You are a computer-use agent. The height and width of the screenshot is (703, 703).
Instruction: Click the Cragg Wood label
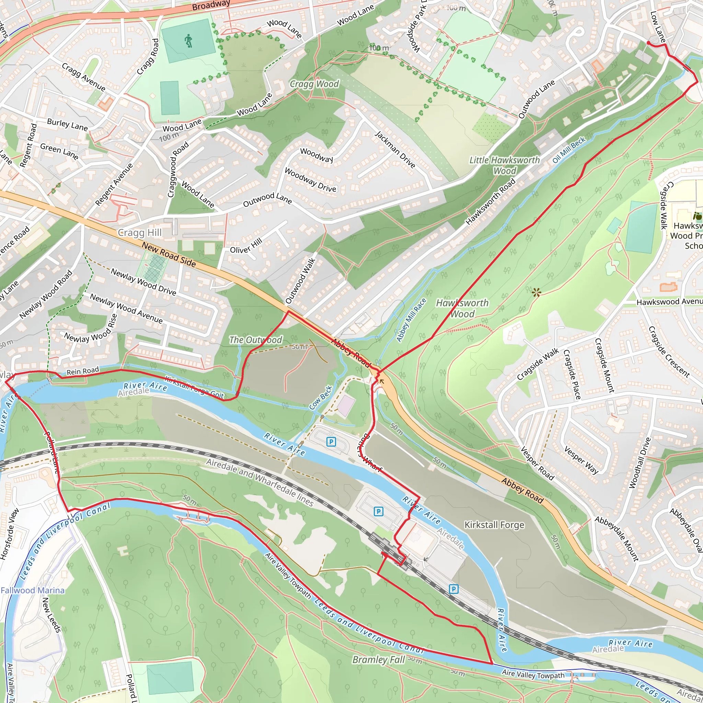click(x=314, y=84)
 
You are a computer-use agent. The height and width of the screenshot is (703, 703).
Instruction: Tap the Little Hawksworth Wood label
click(x=504, y=165)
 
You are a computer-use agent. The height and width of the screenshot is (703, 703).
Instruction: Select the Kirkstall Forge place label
click(x=494, y=525)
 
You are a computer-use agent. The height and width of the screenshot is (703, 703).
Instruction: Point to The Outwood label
click(x=255, y=340)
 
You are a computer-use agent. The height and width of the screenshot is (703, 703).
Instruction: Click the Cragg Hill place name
click(x=140, y=232)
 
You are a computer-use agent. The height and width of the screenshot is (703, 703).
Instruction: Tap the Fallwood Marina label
click(x=32, y=590)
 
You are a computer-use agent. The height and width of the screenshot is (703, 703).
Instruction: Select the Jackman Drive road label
click(x=395, y=150)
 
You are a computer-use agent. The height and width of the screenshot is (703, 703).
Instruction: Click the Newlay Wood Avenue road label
click(x=126, y=309)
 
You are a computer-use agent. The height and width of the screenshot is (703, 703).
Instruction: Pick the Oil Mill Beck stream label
click(x=569, y=150)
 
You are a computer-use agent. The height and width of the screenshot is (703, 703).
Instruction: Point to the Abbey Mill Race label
click(x=411, y=320)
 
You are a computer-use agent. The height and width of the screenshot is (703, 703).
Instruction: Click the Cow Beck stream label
click(x=321, y=398)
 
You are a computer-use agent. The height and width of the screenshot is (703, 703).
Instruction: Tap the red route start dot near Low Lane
click(x=648, y=43)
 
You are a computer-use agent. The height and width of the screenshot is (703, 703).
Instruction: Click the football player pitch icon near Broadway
click(x=188, y=41)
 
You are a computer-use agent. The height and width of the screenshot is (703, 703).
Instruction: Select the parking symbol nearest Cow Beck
click(x=331, y=442)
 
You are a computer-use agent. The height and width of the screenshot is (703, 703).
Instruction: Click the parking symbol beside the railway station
click(x=378, y=511)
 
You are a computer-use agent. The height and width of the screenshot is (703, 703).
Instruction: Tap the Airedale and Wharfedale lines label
click(x=260, y=482)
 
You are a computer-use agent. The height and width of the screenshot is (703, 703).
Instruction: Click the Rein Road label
click(x=83, y=371)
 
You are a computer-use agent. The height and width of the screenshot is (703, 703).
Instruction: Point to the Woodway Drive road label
click(x=310, y=180)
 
